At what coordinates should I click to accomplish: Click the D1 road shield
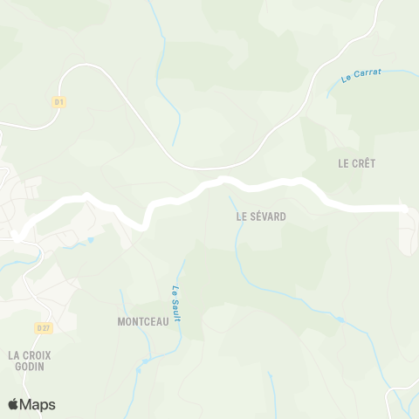click(x=59, y=102)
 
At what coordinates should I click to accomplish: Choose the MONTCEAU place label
click(x=142, y=321)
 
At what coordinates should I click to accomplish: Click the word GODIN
click(x=30, y=367)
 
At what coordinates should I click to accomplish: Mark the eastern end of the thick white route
click(x=403, y=208)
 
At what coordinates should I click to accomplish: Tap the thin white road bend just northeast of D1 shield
click(x=87, y=65)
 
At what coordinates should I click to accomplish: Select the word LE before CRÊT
click(x=343, y=163)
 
